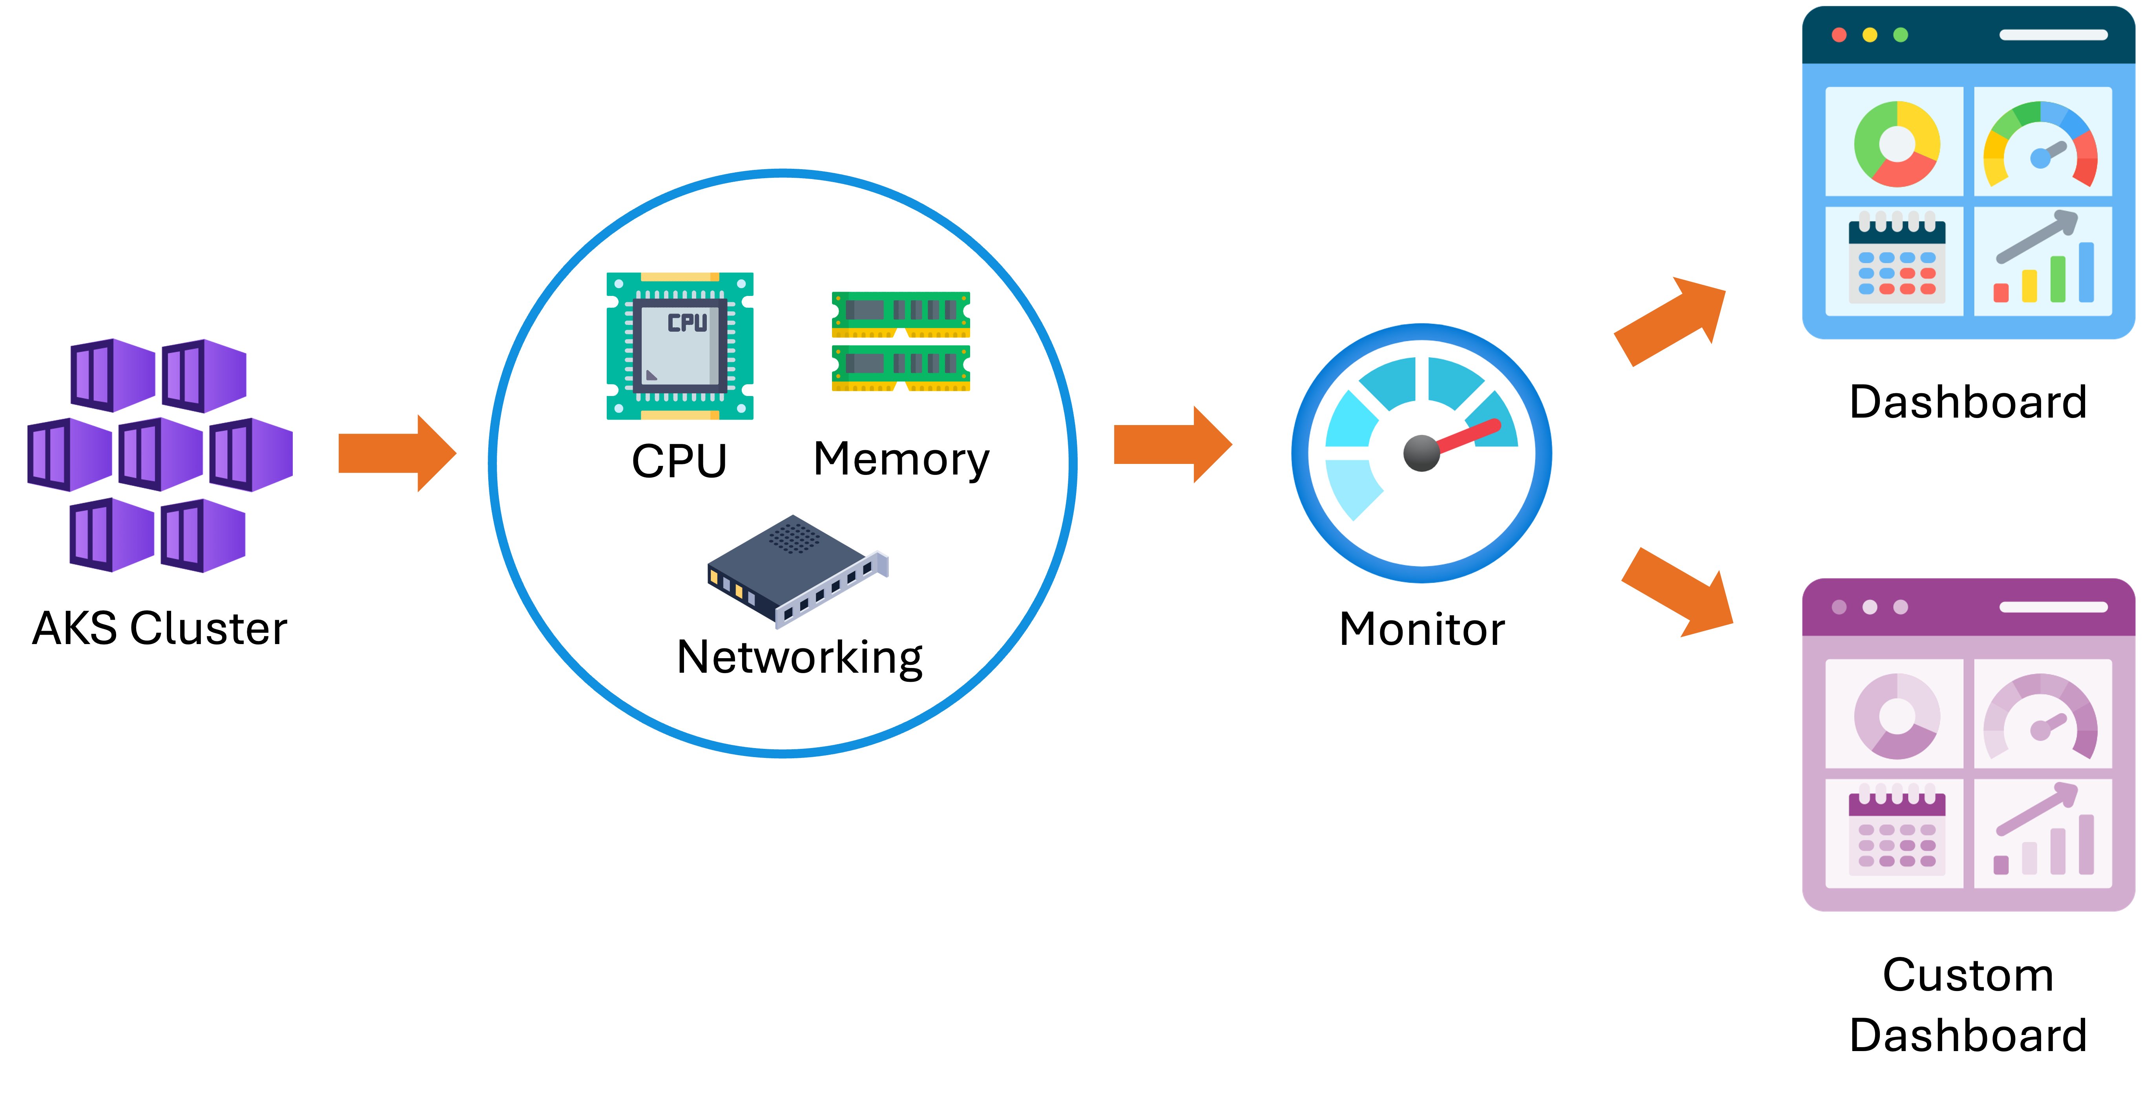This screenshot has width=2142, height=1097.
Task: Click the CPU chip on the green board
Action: tap(680, 344)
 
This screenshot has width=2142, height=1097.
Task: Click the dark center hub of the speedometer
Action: tap(1421, 453)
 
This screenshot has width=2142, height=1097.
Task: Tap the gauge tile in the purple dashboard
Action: tap(2042, 715)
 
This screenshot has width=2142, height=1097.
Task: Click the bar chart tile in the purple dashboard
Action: tap(2042, 832)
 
